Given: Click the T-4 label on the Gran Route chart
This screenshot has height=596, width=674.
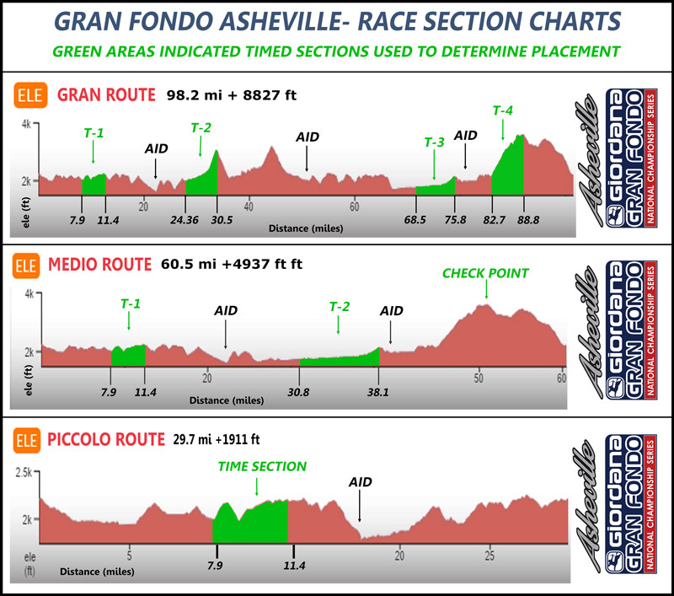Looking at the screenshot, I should (x=502, y=110).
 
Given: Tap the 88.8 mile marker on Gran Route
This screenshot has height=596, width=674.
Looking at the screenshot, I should (x=524, y=220).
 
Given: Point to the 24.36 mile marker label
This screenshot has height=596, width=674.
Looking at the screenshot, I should (x=185, y=220).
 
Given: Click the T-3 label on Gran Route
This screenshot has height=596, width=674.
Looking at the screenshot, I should (x=434, y=142).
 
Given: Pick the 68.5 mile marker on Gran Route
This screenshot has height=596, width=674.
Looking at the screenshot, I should (x=416, y=220).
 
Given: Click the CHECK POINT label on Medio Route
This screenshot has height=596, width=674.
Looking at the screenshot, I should (x=486, y=273).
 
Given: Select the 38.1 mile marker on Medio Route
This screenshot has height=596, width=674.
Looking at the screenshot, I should (x=378, y=391).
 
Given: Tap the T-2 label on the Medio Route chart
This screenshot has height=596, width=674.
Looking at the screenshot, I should (x=339, y=305).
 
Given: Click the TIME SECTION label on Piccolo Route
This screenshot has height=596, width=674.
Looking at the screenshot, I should (x=262, y=466).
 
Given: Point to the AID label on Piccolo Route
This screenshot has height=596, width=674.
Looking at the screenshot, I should (x=360, y=482).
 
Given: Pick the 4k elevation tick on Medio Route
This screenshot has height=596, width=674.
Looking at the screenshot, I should (x=28, y=294).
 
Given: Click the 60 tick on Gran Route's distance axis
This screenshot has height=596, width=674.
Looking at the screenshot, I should (x=355, y=207).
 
